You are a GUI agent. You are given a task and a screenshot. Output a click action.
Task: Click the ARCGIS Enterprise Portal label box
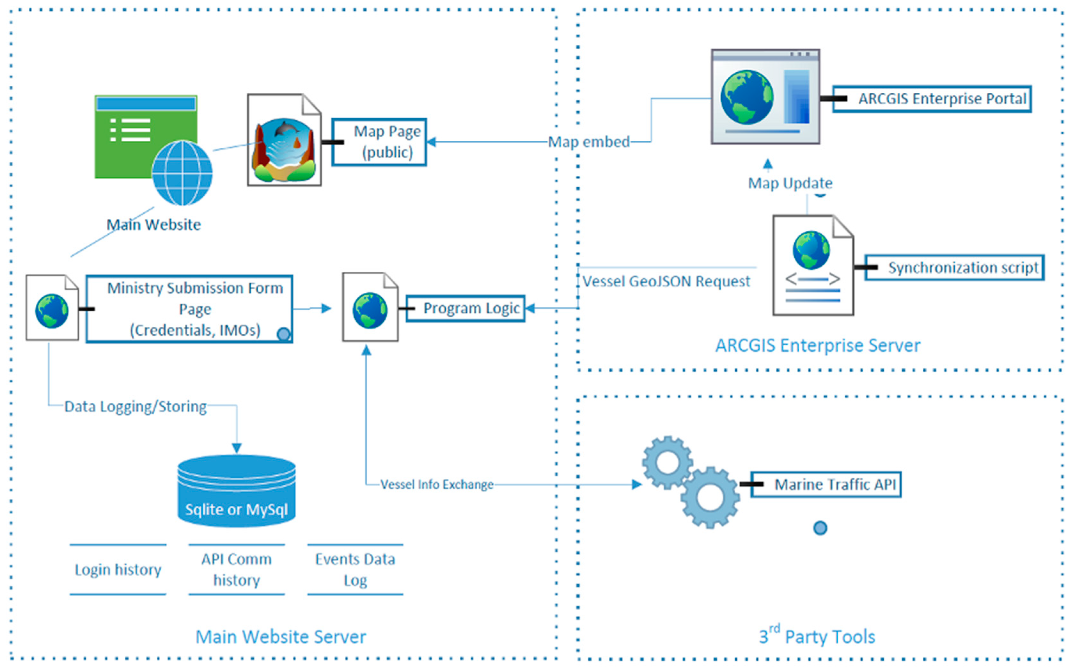click(932, 98)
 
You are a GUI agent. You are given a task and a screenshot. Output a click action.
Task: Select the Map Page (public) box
click(380, 142)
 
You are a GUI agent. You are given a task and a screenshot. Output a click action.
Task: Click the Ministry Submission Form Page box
click(190, 309)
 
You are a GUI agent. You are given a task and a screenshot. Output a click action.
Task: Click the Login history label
click(118, 569)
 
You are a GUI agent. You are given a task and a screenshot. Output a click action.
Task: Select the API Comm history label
click(237, 569)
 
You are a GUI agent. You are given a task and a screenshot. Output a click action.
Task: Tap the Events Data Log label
click(355, 569)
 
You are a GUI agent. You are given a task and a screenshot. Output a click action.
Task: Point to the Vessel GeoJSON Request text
click(666, 281)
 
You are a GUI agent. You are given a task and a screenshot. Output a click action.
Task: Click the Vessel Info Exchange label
click(437, 484)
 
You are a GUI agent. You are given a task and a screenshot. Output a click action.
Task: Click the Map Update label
click(790, 183)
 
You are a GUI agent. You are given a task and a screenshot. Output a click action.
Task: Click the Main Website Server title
click(281, 637)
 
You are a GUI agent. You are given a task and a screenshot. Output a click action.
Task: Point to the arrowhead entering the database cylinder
click(237, 448)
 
